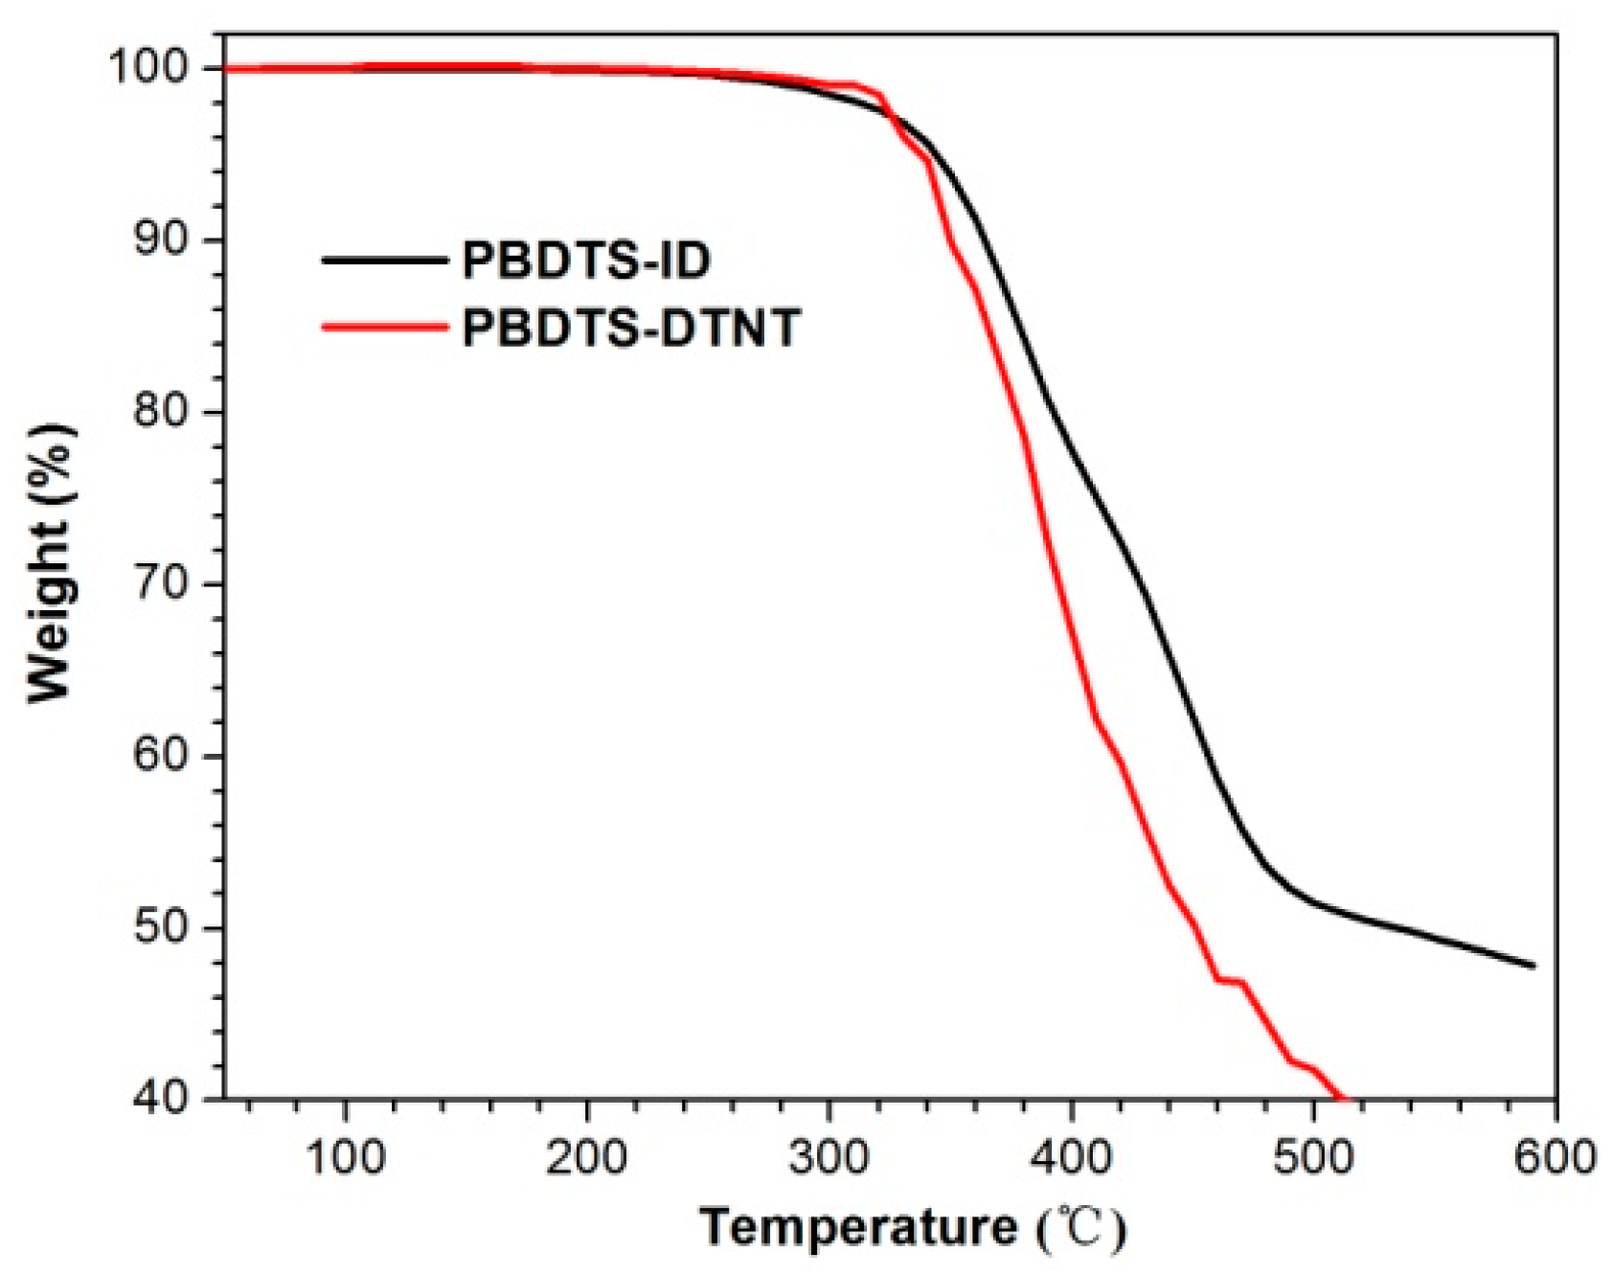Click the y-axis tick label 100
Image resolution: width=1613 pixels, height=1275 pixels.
[x=154, y=67]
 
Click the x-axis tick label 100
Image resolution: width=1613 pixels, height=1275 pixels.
[x=345, y=1156]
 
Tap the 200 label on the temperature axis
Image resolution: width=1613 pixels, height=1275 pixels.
[x=586, y=1156]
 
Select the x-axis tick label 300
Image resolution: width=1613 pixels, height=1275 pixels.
[x=829, y=1156]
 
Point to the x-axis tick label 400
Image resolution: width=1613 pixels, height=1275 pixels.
[x=1071, y=1156]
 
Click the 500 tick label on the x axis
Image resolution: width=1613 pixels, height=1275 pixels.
[x=1313, y=1156]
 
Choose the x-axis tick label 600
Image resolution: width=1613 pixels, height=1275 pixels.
[x=1554, y=1156]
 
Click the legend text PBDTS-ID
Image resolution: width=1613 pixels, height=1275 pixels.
[x=586, y=261]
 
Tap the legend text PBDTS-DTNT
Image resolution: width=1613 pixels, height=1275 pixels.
[x=630, y=329]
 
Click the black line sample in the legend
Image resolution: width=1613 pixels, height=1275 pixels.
[x=385, y=261]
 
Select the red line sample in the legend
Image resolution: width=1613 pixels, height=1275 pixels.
[x=385, y=328]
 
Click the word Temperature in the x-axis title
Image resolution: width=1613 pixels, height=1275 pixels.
[x=858, y=1228]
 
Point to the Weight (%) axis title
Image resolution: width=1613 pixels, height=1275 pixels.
[x=50, y=563]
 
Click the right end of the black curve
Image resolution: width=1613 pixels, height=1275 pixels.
[x=1533, y=965]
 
